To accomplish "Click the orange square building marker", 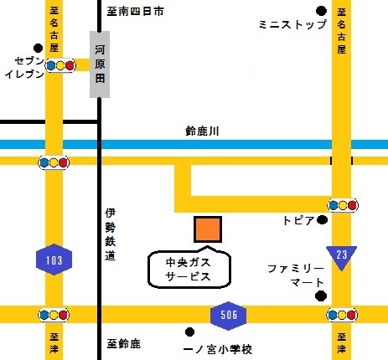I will pyautogui.click(x=207, y=229).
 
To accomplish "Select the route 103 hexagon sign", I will pyautogui.click(x=54, y=260).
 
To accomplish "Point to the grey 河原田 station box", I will pyautogui.click(x=99, y=64).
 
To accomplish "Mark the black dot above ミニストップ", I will pyautogui.click(x=320, y=10).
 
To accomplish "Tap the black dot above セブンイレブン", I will pyautogui.click(x=36, y=48).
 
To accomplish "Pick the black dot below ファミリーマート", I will pyautogui.click(x=319, y=296).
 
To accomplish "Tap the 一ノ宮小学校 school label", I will pyautogui.click(x=217, y=348).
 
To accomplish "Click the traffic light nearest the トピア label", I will pyautogui.click(x=343, y=205).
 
